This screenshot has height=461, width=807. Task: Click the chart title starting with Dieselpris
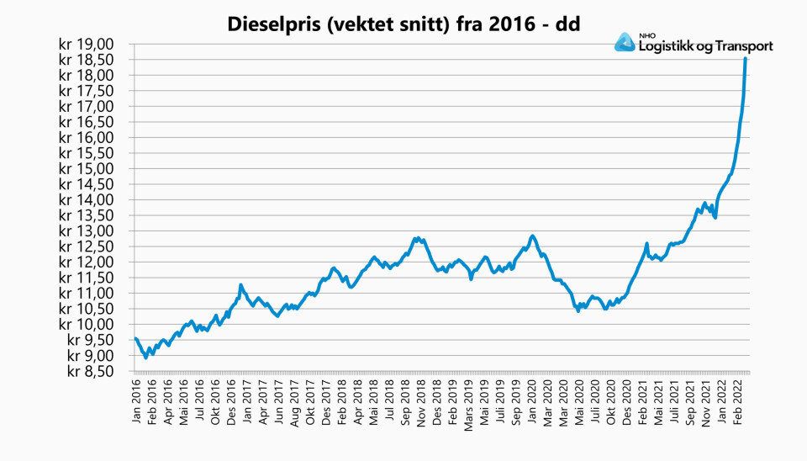403,24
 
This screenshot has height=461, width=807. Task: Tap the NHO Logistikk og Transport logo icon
625,43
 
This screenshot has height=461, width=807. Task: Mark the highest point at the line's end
746,59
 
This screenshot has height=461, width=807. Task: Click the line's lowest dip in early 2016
146,358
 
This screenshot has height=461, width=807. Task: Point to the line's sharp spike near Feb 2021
646,244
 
